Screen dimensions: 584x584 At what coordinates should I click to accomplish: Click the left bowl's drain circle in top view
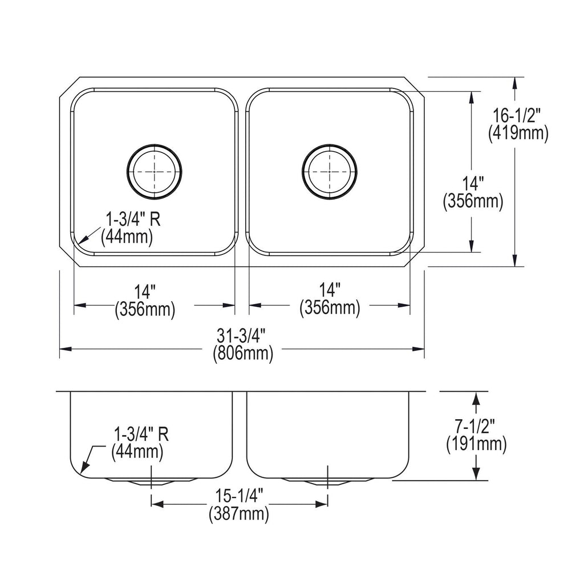coord(154,144)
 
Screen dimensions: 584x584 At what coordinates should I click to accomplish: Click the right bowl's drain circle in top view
coord(330,144)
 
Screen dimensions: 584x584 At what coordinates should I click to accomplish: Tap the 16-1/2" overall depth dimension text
coord(517,116)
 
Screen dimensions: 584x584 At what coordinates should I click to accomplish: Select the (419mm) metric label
coord(518,133)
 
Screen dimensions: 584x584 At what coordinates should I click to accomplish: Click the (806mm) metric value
coord(243,353)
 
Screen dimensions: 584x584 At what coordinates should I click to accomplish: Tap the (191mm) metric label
coord(476,444)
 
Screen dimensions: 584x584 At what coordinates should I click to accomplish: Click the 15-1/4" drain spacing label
coord(240,496)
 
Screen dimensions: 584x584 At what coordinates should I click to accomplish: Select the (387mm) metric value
coord(239,514)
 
